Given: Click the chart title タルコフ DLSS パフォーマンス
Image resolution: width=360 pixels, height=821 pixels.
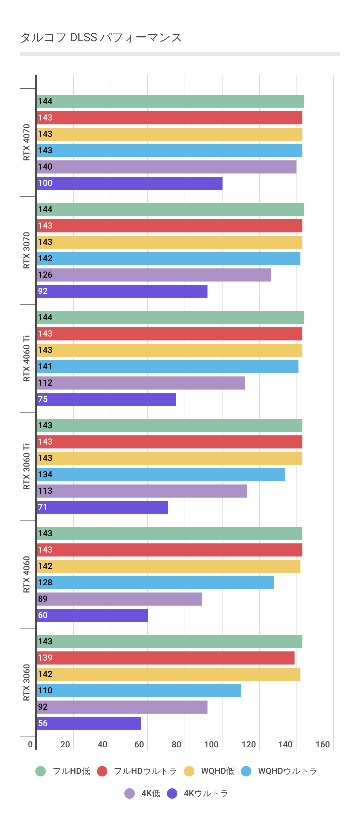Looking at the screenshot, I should (x=101, y=38).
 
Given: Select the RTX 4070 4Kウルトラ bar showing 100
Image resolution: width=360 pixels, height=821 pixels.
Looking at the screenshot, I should (x=129, y=183).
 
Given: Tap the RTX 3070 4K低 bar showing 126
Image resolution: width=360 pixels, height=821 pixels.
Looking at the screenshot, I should (x=153, y=275).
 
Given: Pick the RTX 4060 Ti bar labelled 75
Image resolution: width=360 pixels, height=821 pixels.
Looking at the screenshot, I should (x=106, y=399).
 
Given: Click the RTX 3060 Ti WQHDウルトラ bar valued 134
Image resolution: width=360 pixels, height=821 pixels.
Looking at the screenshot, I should (x=161, y=475).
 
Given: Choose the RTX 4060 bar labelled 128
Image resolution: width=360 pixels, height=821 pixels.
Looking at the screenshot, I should (x=155, y=583).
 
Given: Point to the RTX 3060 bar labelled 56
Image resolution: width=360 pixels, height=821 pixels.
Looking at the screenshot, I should (x=88, y=723).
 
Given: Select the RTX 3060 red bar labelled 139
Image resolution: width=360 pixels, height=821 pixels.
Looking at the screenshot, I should (x=165, y=658).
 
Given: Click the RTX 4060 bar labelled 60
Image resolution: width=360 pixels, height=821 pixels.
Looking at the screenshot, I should (x=92, y=615).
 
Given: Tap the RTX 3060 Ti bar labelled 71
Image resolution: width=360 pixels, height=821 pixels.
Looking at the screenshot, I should (x=102, y=507).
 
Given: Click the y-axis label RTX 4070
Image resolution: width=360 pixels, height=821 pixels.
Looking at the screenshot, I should (x=27, y=142).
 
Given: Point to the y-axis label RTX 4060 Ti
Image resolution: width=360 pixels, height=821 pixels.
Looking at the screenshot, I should (x=27, y=358).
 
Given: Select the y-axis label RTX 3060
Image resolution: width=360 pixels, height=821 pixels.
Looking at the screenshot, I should (x=27, y=683).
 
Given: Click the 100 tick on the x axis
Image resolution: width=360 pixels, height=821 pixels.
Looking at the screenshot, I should (x=211, y=745).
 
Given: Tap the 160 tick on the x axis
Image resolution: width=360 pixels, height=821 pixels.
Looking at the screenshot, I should (x=323, y=745).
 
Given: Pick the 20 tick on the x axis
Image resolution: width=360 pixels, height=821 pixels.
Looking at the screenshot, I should (x=65, y=745).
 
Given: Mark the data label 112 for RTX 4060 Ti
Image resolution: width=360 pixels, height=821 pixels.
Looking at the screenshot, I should (x=45, y=383).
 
